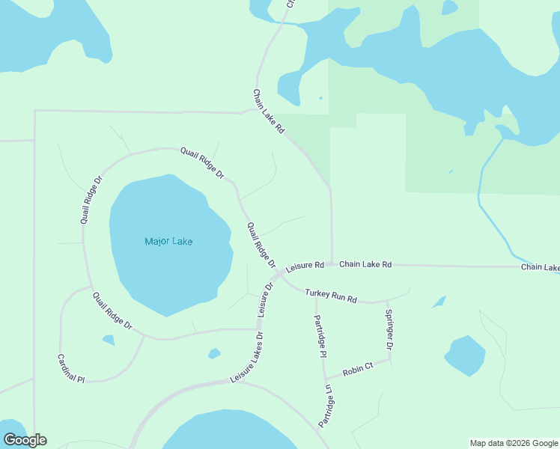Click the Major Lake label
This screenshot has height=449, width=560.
168,241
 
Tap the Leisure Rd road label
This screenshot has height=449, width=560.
305,266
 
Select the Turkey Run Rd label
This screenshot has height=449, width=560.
331,296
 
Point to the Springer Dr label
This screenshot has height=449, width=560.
389,329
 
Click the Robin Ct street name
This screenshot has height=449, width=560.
357,370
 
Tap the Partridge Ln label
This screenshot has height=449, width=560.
326,406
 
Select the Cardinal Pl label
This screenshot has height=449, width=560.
72,369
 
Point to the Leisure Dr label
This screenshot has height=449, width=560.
266,299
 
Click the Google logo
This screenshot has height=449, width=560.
25,440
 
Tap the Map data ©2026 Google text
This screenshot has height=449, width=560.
513,443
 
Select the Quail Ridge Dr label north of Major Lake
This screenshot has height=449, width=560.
202,162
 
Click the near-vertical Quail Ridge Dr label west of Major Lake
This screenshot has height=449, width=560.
91,201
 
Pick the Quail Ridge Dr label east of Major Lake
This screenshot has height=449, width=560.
261,245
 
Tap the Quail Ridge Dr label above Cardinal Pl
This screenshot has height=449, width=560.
112,311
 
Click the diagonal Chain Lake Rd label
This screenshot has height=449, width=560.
268,112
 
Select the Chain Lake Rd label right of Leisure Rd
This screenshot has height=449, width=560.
365,265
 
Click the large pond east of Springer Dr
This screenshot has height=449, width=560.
465,355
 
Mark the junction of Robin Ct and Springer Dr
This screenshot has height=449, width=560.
390,359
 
